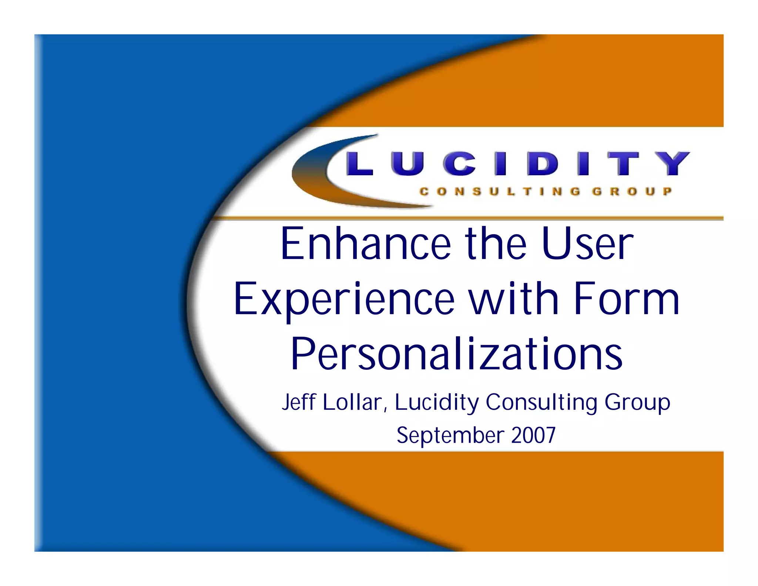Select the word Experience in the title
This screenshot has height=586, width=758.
click(344, 299)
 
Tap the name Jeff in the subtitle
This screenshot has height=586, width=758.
click(298, 402)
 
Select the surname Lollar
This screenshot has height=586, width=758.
click(352, 402)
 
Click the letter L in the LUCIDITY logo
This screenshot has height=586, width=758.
click(359, 163)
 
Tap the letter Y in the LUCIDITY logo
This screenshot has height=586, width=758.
click(672, 163)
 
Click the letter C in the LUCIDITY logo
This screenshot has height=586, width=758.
click(459, 163)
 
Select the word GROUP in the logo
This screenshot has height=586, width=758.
click(632, 192)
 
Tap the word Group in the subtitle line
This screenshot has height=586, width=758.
click(637, 402)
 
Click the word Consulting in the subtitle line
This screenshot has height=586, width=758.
click(541, 402)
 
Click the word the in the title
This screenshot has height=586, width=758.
click(496, 244)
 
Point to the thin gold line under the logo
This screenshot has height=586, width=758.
click(481, 218)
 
